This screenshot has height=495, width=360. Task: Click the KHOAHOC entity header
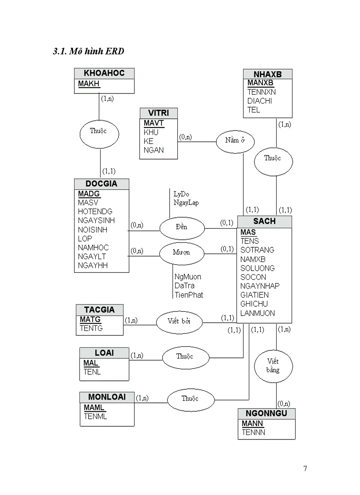click(104, 73)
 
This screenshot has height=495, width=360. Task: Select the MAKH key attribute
click(89, 84)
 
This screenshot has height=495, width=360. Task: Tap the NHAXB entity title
click(267, 74)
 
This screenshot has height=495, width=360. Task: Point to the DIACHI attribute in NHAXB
click(259, 101)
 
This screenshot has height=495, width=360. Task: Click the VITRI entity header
click(159, 113)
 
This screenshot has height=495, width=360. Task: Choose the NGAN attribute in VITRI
click(153, 150)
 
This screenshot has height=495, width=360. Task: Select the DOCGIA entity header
click(101, 184)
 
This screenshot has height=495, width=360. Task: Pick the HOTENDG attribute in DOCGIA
click(95, 212)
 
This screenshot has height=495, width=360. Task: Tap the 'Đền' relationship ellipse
click(181, 227)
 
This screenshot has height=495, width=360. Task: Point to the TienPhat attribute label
click(189, 295)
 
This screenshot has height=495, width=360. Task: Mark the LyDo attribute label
click(181, 194)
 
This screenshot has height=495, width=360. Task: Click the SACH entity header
click(264, 221)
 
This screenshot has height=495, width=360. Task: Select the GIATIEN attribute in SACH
click(254, 295)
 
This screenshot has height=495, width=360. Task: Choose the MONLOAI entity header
click(107, 397)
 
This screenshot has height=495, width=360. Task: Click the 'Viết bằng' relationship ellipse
click(273, 365)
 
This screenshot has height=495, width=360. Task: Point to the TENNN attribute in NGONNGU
click(253, 432)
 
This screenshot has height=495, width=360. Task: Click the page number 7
click(305, 469)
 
